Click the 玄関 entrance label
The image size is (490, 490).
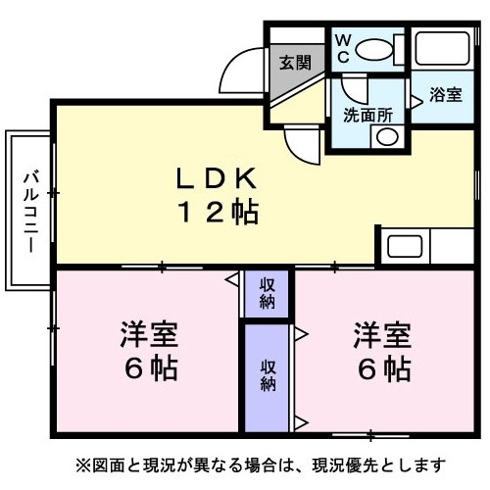pos(295,63)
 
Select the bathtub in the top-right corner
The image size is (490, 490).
pos(443,49)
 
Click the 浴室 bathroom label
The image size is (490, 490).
pos(446,95)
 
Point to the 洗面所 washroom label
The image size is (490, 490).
pos(367,115)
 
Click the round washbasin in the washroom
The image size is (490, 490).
pos(387,137)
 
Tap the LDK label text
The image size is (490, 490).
pos(216,178)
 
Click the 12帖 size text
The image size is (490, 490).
pos(219,213)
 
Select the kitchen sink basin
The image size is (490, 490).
pos(405,246)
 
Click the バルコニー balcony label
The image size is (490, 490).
pos(31,213)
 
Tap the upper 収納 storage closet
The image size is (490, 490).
pos(267,294)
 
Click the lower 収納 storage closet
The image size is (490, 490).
pos(267,378)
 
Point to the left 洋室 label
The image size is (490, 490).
pos(149,334)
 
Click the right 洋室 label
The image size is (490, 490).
pos(382,334)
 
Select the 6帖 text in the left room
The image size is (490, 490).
pos(151,368)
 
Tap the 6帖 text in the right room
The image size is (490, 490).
pos(384,368)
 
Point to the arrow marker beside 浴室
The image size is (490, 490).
pos(416,102)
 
